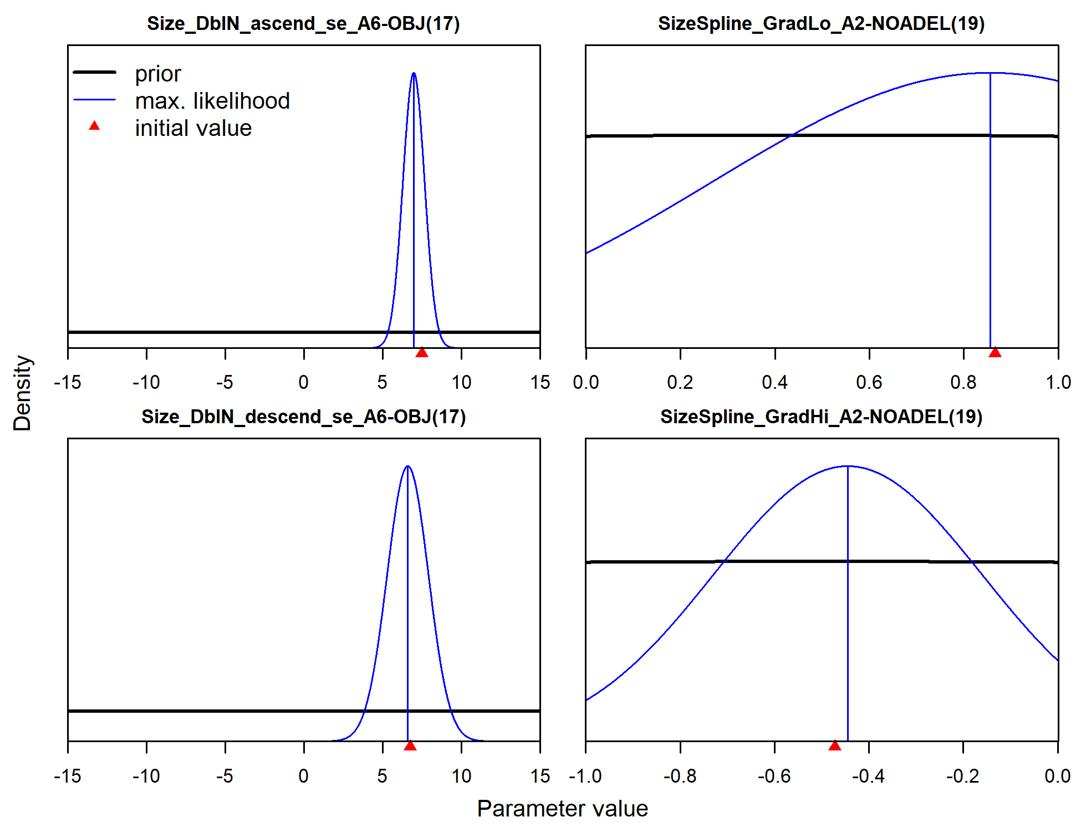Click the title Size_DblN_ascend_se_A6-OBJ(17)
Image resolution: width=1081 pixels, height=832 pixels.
click(x=303, y=24)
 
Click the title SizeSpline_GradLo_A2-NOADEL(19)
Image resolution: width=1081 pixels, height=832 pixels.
click(x=821, y=24)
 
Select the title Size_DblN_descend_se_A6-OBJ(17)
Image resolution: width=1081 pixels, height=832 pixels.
click(x=303, y=417)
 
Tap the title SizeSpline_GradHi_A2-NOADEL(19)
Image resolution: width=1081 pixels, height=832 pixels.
click(x=821, y=417)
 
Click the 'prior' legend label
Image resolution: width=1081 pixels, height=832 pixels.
click(x=158, y=74)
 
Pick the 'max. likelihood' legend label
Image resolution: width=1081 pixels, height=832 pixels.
click(x=212, y=101)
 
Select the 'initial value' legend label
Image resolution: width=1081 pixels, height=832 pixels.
click(x=193, y=128)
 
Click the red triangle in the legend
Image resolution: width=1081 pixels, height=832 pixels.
click(x=94, y=126)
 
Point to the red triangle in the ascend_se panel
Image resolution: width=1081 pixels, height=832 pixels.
click(x=422, y=353)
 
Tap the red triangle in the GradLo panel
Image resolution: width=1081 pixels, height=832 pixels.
click(x=995, y=353)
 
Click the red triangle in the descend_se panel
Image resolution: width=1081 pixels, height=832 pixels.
click(x=410, y=746)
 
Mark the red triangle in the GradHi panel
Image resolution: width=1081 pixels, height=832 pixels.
click(x=834, y=746)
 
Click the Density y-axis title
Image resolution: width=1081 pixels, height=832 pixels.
click(x=22, y=393)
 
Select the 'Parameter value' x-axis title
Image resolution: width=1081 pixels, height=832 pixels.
click(x=562, y=809)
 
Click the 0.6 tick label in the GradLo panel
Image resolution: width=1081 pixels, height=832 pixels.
click(x=869, y=382)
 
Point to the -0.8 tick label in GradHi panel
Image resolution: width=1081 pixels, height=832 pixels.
click(x=680, y=775)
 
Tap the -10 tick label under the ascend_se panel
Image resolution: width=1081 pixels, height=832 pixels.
click(x=146, y=382)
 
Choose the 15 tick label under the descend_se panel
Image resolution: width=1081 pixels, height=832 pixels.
click(x=540, y=775)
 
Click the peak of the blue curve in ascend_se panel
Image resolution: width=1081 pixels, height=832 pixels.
click(x=414, y=73)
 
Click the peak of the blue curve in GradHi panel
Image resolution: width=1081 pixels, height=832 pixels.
click(x=848, y=466)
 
